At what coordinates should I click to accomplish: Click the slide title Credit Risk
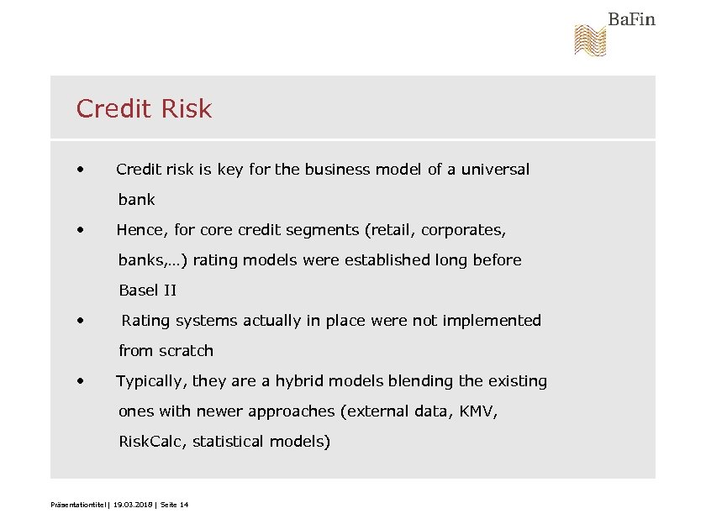pos(144,108)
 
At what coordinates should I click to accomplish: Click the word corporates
pos(463,230)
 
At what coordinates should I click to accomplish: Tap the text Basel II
pos(147,291)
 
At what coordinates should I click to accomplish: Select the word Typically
pos(150,381)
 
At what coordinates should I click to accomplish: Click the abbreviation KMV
pos(478,411)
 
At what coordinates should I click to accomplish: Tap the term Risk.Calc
pos(151,442)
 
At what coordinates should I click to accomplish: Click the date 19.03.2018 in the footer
pos(134,505)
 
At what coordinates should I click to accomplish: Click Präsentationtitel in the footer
pos(79,505)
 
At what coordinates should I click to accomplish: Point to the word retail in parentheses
pos(393,230)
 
